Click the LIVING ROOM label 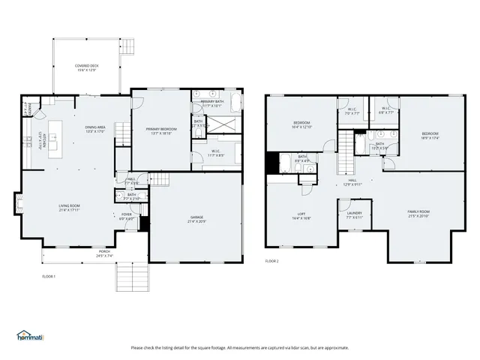[70, 206]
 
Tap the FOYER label [127, 216]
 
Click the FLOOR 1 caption [49, 277]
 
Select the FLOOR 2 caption [271, 261]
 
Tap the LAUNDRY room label [354, 214]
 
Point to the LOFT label [301, 216]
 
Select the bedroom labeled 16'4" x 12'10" [302, 125]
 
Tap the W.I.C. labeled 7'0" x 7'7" [352, 112]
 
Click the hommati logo [30, 334]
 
